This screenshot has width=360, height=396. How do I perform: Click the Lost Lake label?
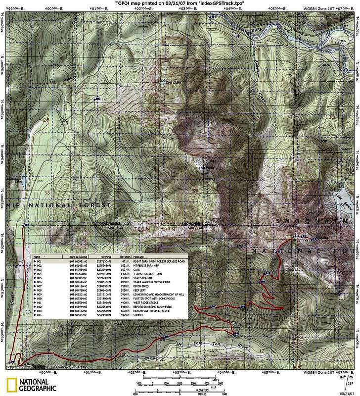click(x=171, y=82)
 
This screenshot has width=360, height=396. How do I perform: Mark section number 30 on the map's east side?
click(x=332, y=117)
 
